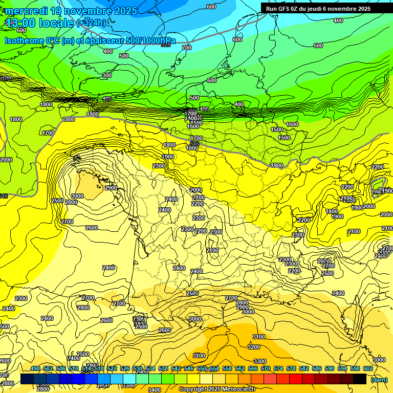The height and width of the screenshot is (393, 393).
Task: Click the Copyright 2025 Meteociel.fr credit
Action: click(x=219, y=389)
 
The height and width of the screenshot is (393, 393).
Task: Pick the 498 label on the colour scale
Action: click(x=35, y=368)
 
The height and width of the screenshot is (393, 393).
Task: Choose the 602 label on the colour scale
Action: click(x=367, y=368)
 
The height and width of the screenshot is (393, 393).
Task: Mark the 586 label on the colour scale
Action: click(x=317, y=368)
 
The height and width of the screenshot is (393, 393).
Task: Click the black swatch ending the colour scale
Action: click(x=360, y=379)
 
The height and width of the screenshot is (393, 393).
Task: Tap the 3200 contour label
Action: click(x=253, y=347)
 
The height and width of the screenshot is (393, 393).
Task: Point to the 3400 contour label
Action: click(x=154, y=390)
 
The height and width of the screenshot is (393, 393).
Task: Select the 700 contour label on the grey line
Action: click(x=186, y=48)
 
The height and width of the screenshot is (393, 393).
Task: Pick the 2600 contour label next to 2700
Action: click(x=324, y=261)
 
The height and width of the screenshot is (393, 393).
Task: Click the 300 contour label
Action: click(x=106, y=75)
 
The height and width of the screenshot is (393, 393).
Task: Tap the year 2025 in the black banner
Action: click(x=364, y=9)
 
